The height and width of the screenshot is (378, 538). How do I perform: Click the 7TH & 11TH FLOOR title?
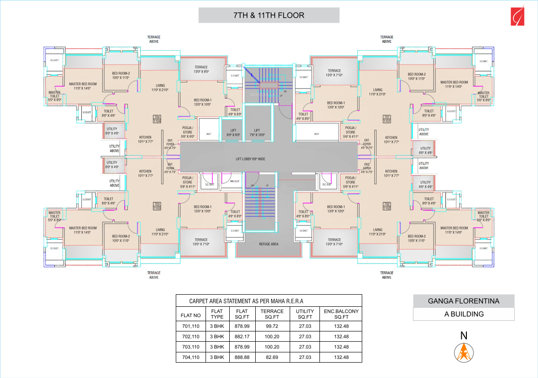point(269,15)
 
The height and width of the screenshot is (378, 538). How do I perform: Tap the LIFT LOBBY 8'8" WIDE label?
point(250,159)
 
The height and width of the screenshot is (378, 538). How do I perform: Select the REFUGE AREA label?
point(268,244)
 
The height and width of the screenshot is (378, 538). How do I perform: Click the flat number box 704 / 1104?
point(157,119)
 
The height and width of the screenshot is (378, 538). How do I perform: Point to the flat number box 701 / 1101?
point(387,119)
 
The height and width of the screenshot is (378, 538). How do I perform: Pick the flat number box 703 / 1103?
point(157,206)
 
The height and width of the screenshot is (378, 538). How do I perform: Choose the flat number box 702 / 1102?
point(387,206)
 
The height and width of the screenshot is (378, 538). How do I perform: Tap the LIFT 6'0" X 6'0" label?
point(233,133)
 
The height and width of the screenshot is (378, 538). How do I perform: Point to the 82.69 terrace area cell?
point(272,357)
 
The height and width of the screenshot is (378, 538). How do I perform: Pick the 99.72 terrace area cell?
point(272,325)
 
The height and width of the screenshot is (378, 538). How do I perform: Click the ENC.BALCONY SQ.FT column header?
point(341,313)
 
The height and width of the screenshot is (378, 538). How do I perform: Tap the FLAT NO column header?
point(191,316)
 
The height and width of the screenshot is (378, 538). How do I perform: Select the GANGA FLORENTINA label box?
point(463,301)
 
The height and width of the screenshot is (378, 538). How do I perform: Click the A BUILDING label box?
point(463,314)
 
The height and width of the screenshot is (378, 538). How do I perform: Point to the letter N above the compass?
point(463,336)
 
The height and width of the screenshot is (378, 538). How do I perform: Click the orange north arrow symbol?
point(463,352)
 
